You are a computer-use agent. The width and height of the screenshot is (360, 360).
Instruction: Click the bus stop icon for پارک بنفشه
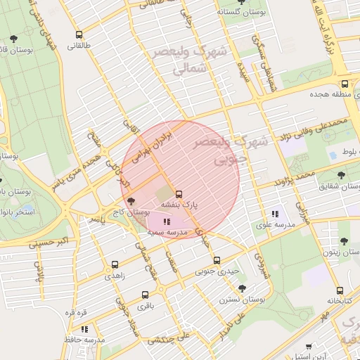coord(179,194)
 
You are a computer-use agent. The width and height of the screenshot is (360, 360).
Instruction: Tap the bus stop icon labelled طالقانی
coord(79,34)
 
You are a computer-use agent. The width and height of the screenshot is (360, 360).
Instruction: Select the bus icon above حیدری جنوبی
coord(217,260)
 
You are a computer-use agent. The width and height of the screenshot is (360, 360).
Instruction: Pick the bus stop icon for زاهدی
coord(115,265)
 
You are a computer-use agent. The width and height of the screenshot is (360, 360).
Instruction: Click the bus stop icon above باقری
coord(145,295)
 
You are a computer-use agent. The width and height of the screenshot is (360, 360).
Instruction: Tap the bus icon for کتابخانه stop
coord(340,290)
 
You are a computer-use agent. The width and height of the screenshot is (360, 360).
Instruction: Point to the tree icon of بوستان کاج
coord(131,201)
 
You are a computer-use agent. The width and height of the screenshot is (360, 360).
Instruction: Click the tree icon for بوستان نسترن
coord(242,288)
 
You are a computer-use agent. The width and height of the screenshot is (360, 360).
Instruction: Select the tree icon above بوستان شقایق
coord(341,175)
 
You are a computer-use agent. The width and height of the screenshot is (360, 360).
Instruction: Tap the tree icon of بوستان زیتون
coord(345,240)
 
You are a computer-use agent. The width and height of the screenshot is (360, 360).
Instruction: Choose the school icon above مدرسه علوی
coord(275,214)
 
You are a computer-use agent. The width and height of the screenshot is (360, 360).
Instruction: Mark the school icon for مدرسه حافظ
coord(84,328)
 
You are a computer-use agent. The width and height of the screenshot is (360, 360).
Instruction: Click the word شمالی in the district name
coord(191,69)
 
